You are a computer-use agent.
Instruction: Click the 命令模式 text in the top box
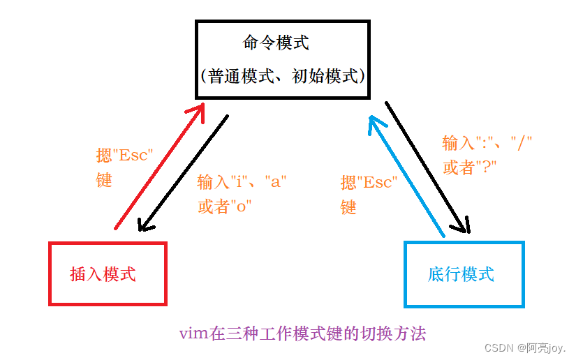276,43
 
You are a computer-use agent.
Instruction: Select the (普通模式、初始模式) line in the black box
282,76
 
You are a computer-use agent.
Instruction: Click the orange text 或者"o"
224,207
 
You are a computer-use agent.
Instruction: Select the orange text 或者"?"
469,167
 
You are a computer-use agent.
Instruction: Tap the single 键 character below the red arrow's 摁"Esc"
104,179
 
